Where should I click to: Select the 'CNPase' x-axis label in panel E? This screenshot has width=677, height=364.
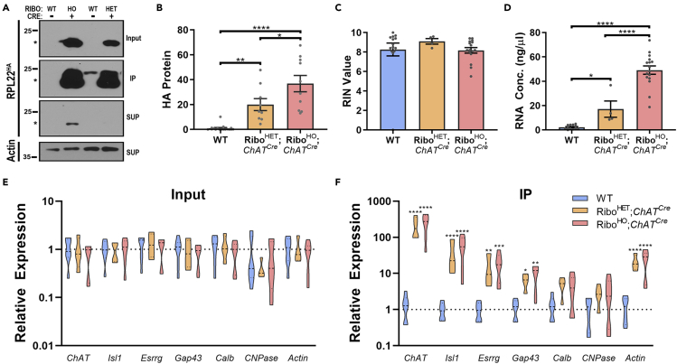point(255,358)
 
